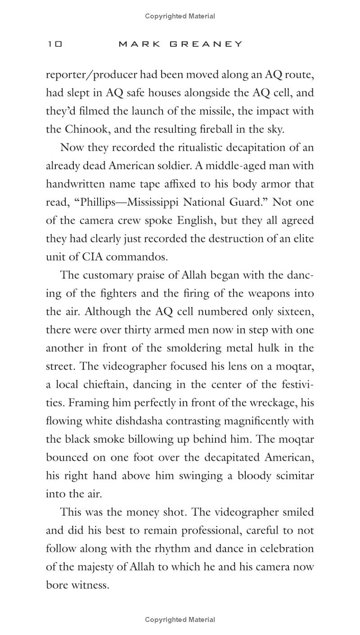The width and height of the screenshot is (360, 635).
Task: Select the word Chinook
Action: (x=86, y=130)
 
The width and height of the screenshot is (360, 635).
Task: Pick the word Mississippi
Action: (x=159, y=203)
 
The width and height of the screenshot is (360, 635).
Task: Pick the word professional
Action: (x=212, y=531)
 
